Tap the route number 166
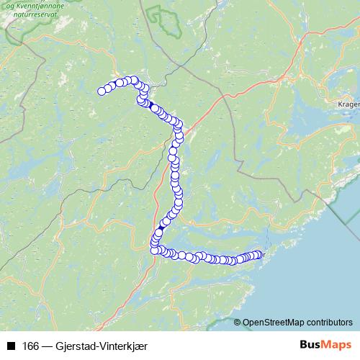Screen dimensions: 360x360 point(31,346)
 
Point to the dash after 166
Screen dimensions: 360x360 point(47,346)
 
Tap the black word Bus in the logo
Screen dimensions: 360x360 point(311,345)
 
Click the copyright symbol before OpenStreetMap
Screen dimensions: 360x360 point(238,323)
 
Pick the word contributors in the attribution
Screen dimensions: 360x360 point(330,323)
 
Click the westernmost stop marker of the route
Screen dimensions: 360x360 point(102,91)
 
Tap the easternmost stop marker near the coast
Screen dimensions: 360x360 point(257,254)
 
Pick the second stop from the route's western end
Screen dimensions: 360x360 point(108,89)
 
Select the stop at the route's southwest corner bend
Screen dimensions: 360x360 point(154,249)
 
